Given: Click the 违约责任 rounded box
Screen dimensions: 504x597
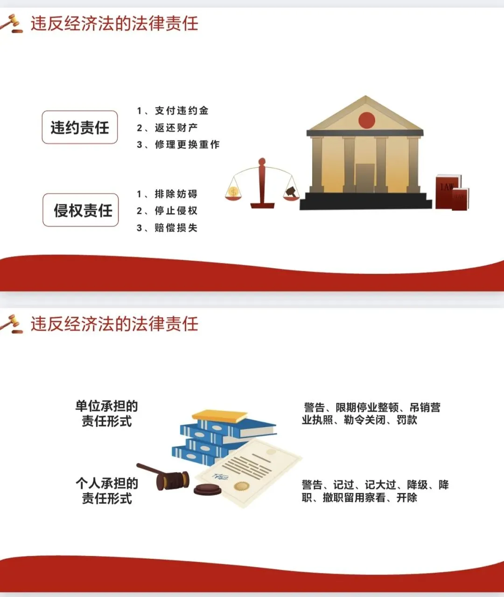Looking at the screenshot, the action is (x=80, y=127).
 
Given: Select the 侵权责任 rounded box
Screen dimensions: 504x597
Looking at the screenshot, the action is (x=81, y=210).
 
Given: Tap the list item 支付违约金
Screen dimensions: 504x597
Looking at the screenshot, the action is (x=182, y=111).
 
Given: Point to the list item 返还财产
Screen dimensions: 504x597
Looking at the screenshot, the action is (x=176, y=128).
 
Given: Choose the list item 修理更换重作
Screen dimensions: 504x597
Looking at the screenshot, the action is (x=187, y=145).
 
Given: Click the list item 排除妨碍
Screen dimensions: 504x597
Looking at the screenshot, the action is (x=176, y=194).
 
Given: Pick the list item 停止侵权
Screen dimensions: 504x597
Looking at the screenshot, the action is (x=176, y=211).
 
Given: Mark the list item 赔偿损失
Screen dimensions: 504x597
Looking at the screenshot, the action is (x=176, y=228).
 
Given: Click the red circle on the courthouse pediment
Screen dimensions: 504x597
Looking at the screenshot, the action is (x=367, y=120).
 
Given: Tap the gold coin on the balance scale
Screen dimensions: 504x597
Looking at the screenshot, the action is (x=233, y=191).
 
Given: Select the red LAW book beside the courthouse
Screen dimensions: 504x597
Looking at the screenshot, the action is (x=447, y=191).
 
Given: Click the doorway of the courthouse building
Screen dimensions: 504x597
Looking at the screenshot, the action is (x=365, y=178).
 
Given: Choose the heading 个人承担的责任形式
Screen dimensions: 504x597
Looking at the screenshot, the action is (x=107, y=491).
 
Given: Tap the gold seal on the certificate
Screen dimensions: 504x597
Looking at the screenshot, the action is (x=241, y=486).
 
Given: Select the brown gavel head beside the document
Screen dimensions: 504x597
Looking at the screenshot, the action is (x=172, y=480).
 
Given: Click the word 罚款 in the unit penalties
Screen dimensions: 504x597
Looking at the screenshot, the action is (x=406, y=420).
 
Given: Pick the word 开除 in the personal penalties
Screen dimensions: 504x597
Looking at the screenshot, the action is (x=406, y=498).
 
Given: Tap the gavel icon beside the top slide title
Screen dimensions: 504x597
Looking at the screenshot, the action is (x=12, y=23).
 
